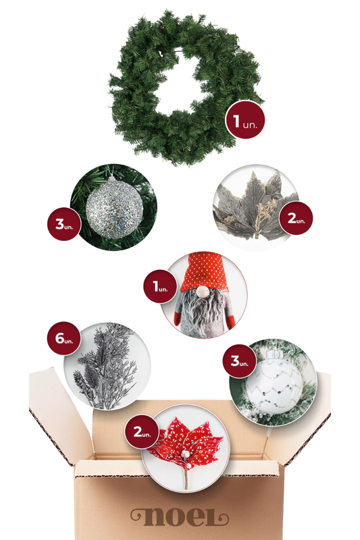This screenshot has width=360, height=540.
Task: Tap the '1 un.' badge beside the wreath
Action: point(245,120)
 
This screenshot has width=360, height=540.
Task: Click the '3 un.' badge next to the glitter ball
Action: point(64,223)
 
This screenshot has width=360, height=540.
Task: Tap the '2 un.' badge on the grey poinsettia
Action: point(296,218)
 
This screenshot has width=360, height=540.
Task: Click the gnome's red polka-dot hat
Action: point(204,272)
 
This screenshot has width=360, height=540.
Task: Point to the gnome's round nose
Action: point(203,292)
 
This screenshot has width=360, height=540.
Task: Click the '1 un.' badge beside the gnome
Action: point(160,286)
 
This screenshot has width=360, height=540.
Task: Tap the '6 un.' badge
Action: point(63,338)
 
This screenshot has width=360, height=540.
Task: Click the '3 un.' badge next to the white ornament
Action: point(239,361)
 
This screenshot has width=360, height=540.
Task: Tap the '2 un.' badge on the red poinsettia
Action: point(142,432)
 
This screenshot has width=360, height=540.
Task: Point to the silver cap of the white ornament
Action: point(274,354)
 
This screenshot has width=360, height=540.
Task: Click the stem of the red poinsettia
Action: point(186,478)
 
